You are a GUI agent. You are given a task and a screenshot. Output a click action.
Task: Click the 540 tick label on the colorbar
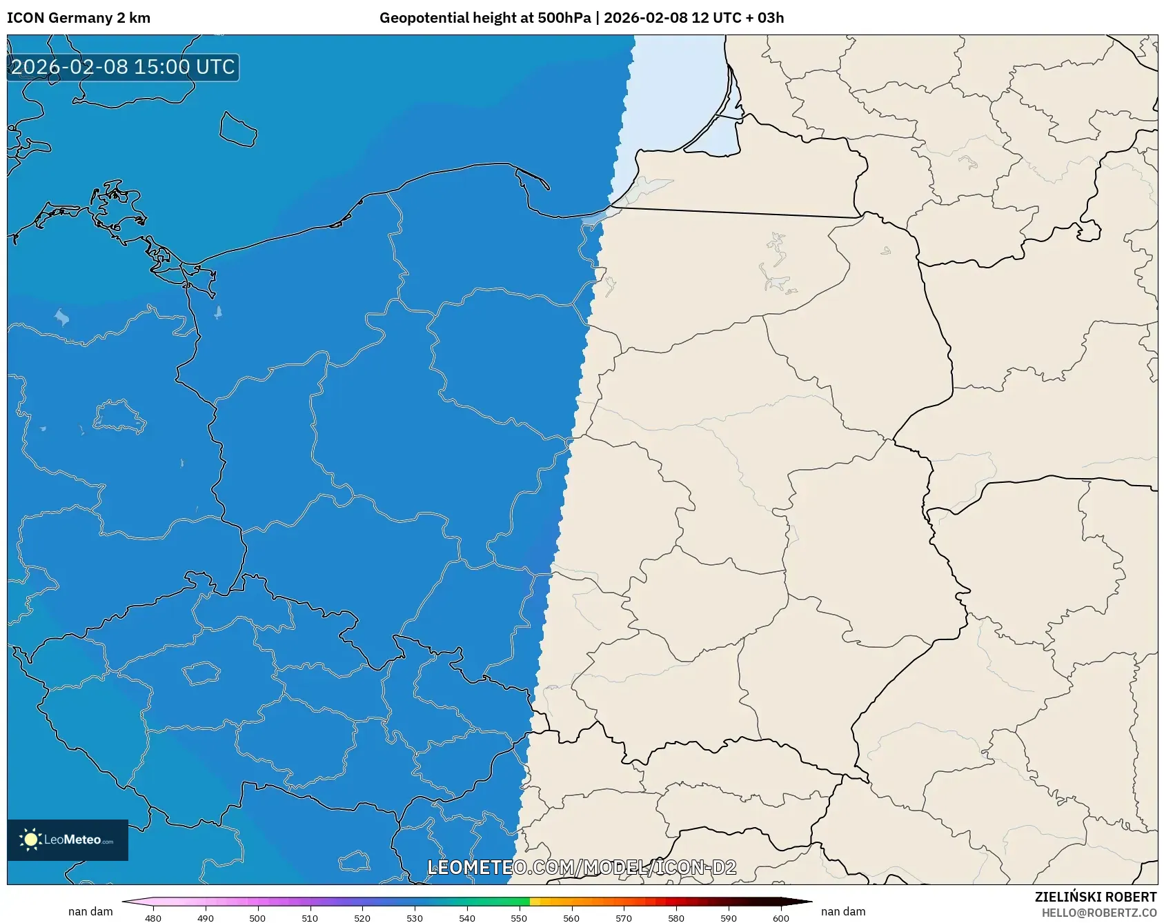point(466,918)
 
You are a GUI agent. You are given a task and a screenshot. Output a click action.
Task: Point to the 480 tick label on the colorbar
point(153,918)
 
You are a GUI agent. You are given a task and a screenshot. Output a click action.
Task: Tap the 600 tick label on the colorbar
point(780,918)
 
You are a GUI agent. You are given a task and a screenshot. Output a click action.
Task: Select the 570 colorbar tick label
point(624,918)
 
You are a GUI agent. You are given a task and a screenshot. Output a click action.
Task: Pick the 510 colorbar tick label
point(310,918)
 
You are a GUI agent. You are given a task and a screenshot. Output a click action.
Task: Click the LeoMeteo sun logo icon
point(30,840)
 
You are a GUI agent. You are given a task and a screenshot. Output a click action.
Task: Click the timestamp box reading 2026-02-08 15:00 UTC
point(123,67)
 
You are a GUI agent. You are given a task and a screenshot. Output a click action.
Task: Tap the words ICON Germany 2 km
point(79,18)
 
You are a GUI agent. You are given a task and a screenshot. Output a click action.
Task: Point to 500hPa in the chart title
point(564,18)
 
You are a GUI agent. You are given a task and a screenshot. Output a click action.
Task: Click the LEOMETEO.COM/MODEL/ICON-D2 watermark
point(582,867)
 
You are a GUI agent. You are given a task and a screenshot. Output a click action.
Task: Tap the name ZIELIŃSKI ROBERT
point(1095,897)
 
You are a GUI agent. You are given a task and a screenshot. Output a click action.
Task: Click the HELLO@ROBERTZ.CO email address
point(1098,913)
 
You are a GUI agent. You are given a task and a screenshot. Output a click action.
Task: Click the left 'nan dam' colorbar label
point(90,911)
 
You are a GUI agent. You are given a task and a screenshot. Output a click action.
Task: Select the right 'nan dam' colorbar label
point(843,911)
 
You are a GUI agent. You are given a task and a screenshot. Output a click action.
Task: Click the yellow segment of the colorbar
point(535,901)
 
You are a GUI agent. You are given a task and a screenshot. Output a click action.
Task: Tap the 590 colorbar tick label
point(729,918)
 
